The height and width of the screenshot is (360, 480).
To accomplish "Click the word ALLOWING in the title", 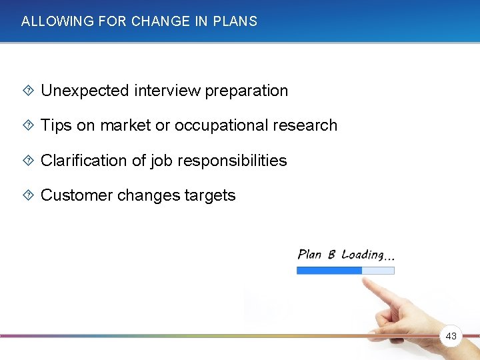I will pos(48,21).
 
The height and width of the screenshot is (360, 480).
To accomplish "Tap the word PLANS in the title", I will pos(235,21).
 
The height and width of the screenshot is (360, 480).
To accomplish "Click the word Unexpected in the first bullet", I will pos(85,91).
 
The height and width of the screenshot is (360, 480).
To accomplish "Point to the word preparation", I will pos(247,91).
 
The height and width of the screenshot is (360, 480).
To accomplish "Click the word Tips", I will pos(56,125).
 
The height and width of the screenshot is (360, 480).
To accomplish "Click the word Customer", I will pos(76,195).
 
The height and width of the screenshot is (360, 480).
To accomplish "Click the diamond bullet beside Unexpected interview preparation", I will pos(27,91).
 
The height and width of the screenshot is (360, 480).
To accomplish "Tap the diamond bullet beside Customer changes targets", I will pos(27,195).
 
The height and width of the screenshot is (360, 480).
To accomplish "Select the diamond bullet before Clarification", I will pos(27,161).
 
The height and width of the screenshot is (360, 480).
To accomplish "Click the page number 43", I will pos(451,337).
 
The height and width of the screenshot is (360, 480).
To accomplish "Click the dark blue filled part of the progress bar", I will pos(329,271).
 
